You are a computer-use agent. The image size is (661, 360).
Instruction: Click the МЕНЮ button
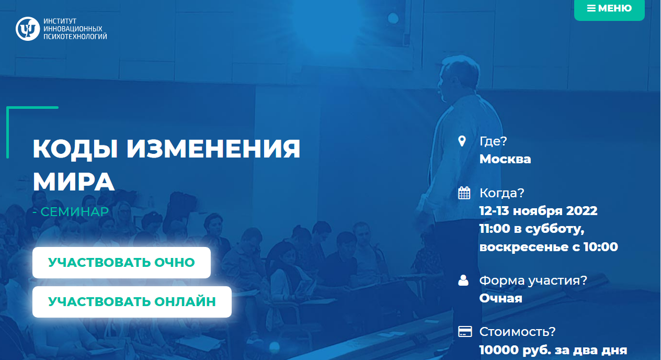click(x=609, y=9)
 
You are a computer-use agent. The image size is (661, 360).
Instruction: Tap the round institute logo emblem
click(x=28, y=29)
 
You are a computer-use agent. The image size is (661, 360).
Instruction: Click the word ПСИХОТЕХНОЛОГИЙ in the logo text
click(x=75, y=37)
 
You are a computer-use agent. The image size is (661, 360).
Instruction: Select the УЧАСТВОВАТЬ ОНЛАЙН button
click(x=132, y=302)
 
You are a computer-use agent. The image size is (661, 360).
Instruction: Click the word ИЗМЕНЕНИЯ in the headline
click(x=213, y=149)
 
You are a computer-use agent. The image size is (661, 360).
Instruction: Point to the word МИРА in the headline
click(x=74, y=182)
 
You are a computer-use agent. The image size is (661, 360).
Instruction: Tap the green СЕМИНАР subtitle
click(x=75, y=212)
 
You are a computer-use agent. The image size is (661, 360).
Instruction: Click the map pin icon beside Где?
click(x=462, y=141)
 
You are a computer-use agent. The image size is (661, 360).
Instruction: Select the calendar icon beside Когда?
click(x=464, y=193)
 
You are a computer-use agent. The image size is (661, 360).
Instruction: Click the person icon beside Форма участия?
click(x=463, y=280)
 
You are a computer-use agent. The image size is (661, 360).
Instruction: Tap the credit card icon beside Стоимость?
click(x=465, y=331)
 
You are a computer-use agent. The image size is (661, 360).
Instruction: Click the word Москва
click(x=505, y=159)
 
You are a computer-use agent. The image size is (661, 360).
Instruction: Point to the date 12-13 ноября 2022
click(x=538, y=211)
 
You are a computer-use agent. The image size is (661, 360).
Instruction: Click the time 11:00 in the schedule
click(x=495, y=229)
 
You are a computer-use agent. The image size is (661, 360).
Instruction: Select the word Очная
click(x=501, y=298)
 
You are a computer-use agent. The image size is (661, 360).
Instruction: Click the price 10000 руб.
click(x=515, y=350)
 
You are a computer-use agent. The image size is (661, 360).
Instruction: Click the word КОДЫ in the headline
click(x=75, y=149)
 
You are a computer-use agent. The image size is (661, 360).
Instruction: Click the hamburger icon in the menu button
click(x=591, y=8)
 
